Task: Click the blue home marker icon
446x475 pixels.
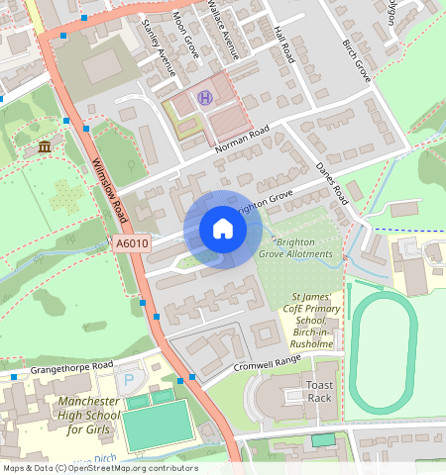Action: [223, 230]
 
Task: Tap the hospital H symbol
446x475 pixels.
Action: [205, 97]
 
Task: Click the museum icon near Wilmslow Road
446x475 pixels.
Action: [45, 147]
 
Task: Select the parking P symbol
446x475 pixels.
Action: [126, 380]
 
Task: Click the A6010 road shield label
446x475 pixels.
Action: [131, 243]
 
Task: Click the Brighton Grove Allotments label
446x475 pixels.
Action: [296, 247]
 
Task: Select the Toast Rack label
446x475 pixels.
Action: [320, 391]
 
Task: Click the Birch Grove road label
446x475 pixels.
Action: [356, 61]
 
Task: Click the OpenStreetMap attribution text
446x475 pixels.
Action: [99, 468]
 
